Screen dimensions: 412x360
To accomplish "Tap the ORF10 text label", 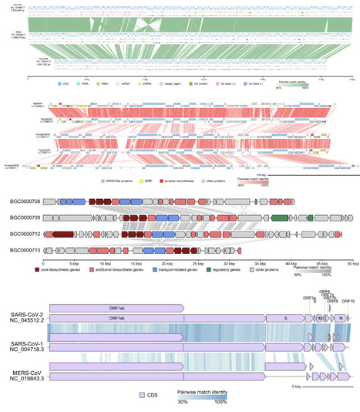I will coord(348,301).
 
